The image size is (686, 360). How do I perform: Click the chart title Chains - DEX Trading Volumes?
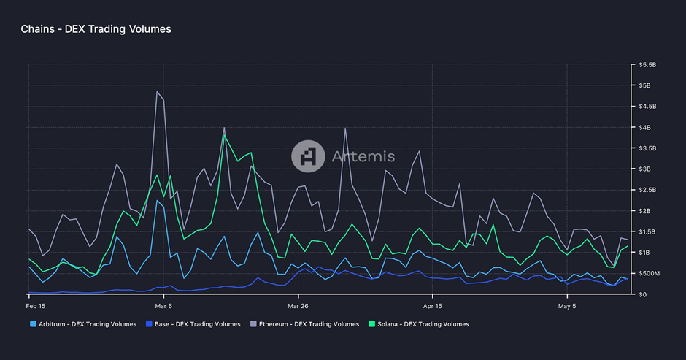96,29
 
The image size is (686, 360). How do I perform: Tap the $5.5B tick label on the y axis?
649,65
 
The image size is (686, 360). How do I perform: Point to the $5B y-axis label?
645,86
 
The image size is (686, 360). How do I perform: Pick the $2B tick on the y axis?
645,211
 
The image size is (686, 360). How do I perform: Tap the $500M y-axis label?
650,273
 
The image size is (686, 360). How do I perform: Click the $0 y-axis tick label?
642,294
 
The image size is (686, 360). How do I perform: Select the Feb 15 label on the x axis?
36,306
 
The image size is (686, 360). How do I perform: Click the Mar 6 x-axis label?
163,306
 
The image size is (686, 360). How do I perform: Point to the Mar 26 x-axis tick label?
298,306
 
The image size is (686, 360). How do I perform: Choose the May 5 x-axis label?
566,306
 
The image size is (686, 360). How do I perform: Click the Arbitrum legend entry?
83,323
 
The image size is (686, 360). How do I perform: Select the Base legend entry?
193,323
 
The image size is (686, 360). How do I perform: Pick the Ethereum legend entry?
305,323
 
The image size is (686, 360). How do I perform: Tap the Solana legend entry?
419,323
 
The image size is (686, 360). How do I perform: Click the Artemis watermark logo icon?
307,156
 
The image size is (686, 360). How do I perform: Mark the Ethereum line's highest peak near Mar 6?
157,91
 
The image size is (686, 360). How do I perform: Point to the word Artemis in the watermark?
362,156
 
